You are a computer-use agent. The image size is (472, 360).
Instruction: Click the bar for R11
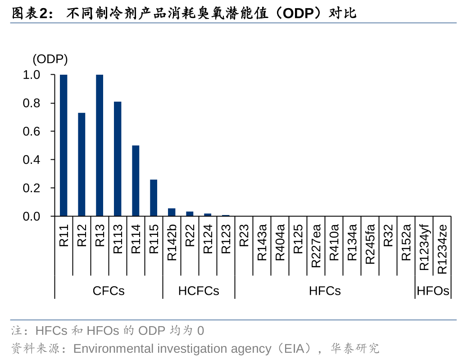64,145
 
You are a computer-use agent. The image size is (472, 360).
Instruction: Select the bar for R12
82,164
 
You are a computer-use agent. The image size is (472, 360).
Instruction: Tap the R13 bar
100,145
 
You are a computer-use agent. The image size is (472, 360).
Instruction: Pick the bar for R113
118,159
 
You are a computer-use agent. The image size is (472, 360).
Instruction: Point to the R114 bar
136,181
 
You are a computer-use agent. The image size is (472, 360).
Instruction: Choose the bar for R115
154,198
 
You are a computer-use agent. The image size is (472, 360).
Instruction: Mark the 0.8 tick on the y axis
32,103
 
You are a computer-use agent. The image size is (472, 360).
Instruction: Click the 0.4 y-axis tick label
32,160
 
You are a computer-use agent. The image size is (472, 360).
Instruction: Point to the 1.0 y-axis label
32,75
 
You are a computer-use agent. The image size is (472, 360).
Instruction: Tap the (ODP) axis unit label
50,59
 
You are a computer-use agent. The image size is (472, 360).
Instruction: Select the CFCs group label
109,291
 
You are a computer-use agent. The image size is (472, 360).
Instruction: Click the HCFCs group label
199,291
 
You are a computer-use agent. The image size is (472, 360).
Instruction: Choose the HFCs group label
325,291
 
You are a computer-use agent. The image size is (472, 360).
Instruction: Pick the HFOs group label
433,291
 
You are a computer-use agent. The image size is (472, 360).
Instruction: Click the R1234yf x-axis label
424,247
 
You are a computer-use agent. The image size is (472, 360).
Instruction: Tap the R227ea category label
316,246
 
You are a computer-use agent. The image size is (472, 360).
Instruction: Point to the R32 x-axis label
388,236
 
